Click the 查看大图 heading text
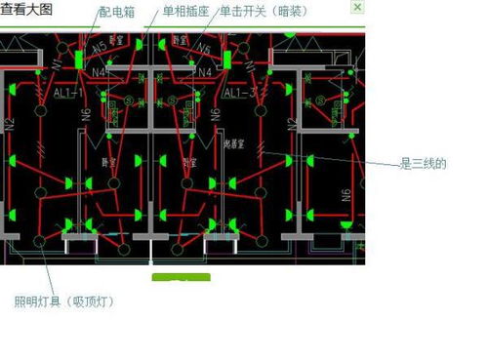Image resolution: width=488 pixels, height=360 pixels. [x=27, y=9]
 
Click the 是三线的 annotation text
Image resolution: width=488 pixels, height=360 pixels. [x=423, y=163]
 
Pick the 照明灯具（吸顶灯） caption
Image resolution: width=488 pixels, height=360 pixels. [x=63, y=301]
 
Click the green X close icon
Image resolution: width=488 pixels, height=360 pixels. [x=357, y=8]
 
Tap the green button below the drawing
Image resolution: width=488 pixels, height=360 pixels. [x=181, y=283]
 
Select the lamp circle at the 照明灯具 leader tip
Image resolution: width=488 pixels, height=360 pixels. [x=40, y=240]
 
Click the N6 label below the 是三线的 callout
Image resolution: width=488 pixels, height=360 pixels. [x=346, y=194]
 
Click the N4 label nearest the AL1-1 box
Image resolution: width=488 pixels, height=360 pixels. [x=99, y=71]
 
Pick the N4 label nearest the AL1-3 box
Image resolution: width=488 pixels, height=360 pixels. [x=205, y=71]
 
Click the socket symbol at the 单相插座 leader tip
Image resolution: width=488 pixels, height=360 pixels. [x=142, y=46]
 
